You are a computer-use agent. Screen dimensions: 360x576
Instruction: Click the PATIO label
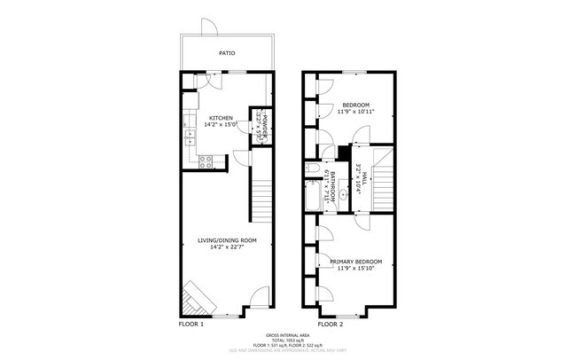pyautogui.click(x=227, y=53)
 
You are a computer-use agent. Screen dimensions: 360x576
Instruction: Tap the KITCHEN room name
pyautogui.click(x=221, y=118)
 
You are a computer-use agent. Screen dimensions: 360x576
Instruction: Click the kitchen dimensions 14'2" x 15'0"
pyautogui.click(x=221, y=125)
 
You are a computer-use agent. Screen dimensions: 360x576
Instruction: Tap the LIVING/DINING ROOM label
pyautogui.click(x=227, y=240)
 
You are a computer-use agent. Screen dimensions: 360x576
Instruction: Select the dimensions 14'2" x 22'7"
pyautogui.click(x=227, y=247)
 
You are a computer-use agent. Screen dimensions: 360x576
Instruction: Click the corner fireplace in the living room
pyautogui.click(x=197, y=300)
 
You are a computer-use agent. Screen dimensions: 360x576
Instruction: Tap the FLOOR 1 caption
pyautogui.click(x=191, y=325)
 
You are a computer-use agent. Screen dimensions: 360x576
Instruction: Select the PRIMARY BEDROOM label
pyautogui.click(x=355, y=262)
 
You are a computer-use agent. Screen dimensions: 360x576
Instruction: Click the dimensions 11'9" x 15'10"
pyautogui.click(x=355, y=269)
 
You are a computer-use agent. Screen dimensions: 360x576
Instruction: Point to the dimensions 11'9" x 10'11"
pyautogui.click(x=355, y=112)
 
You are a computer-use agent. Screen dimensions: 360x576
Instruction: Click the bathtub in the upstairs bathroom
pyautogui.click(x=315, y=196)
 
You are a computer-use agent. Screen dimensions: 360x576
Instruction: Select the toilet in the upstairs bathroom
pyautogui.click(x=313, y=168)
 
